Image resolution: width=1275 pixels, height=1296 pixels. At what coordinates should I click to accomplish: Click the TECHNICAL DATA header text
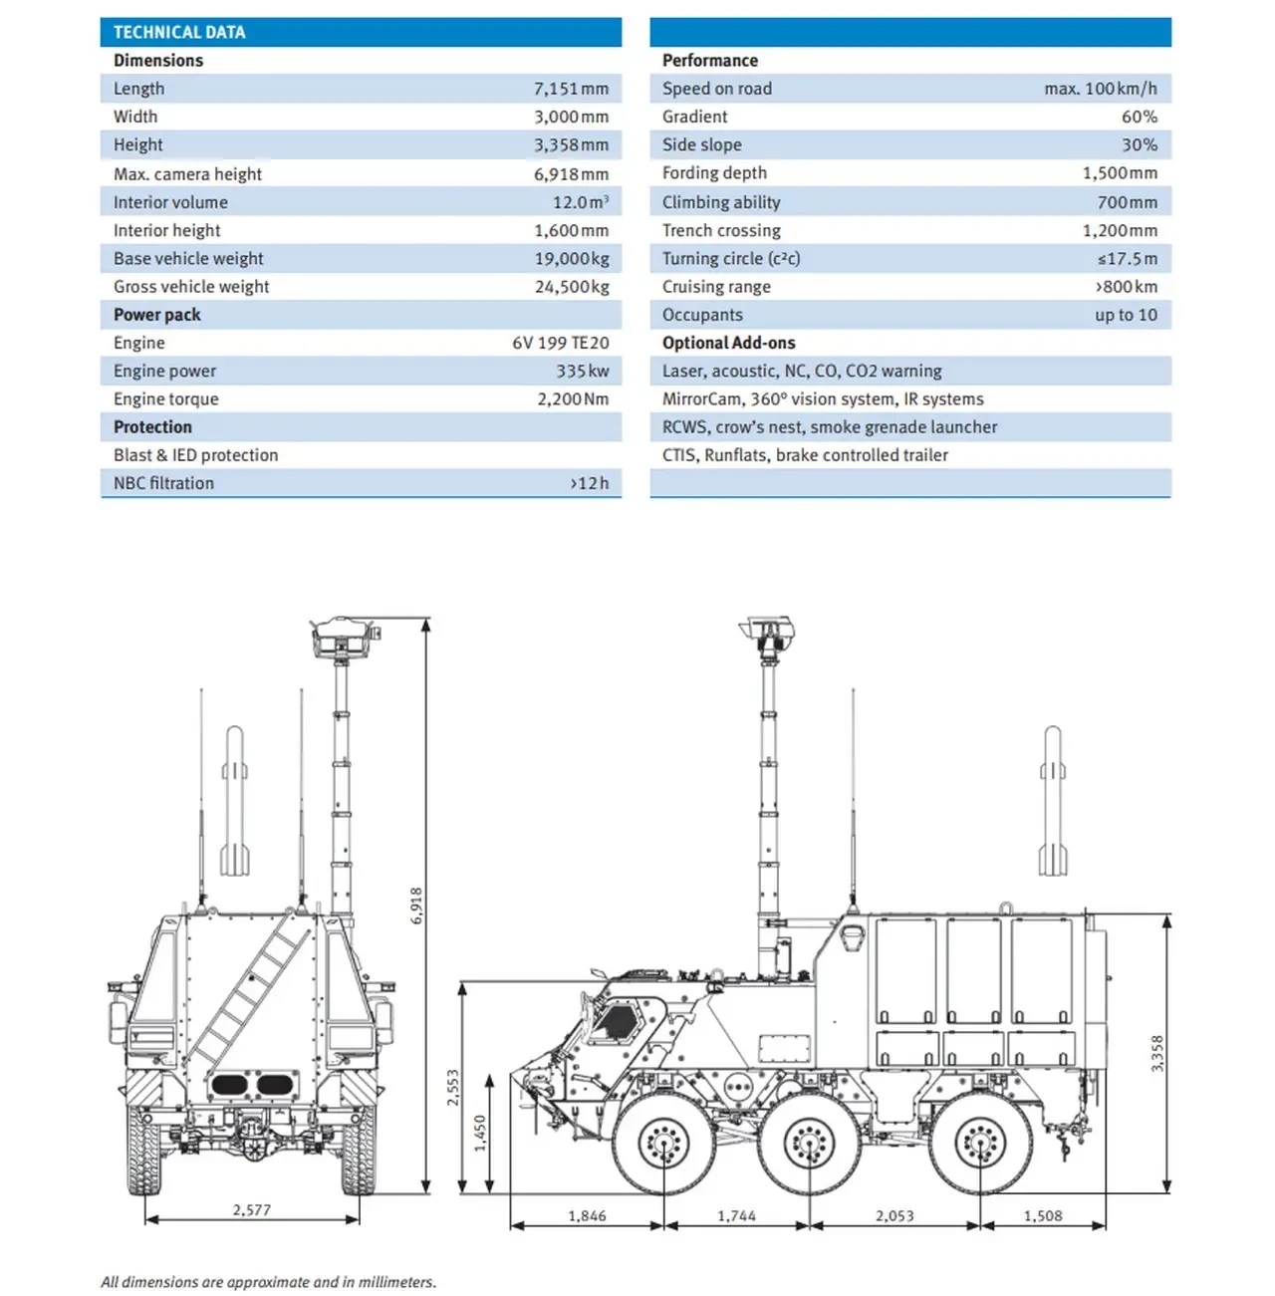[x=179, y=32]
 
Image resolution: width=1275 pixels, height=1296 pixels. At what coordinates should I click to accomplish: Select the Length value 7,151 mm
[x=571, y=89]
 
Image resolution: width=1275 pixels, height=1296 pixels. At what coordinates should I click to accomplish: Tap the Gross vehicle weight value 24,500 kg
[x=571, y=287]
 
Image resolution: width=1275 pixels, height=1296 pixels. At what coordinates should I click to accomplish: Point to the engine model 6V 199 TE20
[x=560, y=343]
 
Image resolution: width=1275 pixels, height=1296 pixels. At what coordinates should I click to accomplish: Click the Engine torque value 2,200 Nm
[x=573, y=399]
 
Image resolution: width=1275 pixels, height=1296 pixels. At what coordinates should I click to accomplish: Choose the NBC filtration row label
[x=163, y=483]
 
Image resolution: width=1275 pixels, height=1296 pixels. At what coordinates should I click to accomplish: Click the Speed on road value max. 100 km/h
[x=1100, y=89]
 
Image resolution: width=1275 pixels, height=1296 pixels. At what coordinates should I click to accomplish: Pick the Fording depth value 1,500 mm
[x=1120, y=173]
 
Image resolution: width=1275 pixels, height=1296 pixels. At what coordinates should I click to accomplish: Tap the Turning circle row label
[x=731, y=259]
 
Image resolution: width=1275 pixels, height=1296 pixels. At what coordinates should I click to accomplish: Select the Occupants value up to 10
[x=1126, y=315]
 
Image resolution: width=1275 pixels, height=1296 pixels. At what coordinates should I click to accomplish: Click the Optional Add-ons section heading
[x=728, y=343]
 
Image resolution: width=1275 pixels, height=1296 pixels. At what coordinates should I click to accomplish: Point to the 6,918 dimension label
[x=417, y=905]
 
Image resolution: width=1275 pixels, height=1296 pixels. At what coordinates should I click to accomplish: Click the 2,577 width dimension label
[x=252, y=1209]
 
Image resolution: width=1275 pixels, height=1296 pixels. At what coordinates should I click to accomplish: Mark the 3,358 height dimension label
[x=1156, y=1053]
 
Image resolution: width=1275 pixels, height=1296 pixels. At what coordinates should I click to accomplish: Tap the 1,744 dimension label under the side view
[x=736, y=1215]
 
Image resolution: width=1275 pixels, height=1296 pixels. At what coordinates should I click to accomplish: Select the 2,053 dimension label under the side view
[x=894, y=1215]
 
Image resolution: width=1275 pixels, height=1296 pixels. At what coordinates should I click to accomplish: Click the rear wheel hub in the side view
[x=980, y=1143]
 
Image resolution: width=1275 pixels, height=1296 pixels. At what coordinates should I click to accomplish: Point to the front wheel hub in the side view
[x=662, y=1143]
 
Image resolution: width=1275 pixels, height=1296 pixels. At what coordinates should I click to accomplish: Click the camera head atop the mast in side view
[x=767, y=630]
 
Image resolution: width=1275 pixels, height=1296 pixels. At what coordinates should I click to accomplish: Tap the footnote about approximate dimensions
[x=268, y=1282]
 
